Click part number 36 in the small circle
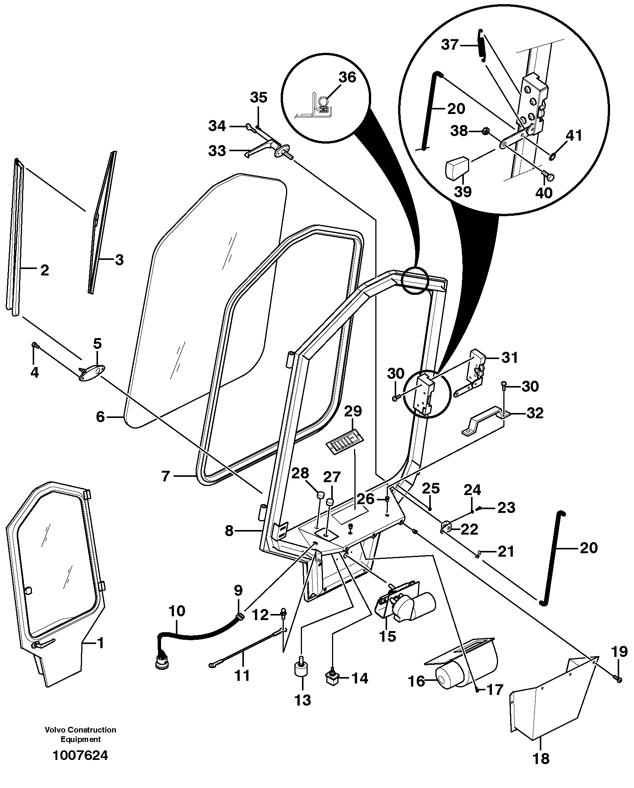point(347,77)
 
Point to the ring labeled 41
point(553,155)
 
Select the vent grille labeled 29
point(343,441)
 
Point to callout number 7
point(165,476)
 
